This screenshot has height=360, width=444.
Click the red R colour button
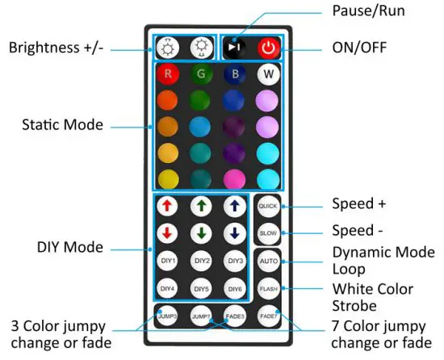[167, 75]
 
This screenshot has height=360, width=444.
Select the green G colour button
[202, 75]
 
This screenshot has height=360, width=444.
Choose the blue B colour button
[235, 75]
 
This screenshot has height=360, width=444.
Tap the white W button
[267, 75]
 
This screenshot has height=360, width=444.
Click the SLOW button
[267, 233]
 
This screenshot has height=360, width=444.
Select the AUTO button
[267, 262]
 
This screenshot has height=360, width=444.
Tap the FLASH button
[267, 288]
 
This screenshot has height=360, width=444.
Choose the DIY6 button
[235, 288]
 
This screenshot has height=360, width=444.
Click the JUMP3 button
[167, 316]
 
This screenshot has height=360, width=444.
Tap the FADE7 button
[267, 316]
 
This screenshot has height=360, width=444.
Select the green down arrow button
[202, 233]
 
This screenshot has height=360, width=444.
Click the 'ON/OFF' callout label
[359, 48]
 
